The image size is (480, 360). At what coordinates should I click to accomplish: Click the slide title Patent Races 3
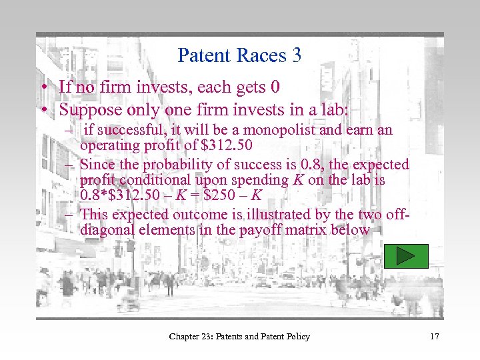239,55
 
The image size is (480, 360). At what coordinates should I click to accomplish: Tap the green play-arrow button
406,256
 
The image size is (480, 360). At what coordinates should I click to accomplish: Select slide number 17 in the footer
434,337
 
